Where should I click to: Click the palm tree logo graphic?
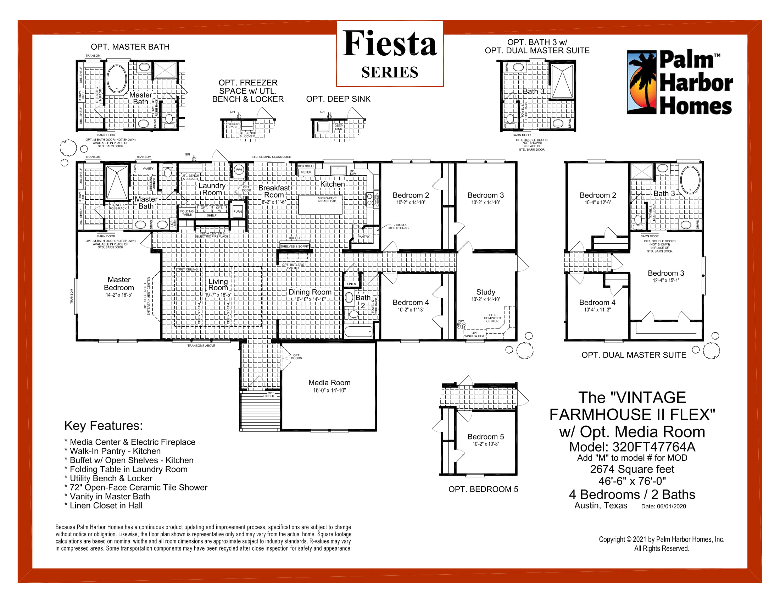coord(642,83)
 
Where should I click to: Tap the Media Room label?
coord(329,383)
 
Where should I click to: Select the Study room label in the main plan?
coord(485,292)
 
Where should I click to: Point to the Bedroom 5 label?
coord(485,437)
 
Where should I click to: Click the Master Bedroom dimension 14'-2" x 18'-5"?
coord(119,295)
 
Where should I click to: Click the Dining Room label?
coord(310,292)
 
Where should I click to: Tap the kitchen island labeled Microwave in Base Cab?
coord(320,204)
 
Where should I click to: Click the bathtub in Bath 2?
coord(358,332)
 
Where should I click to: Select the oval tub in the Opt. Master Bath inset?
coord(117,79)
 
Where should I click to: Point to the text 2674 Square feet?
coord(632,469)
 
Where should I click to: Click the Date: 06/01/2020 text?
coord(663,506)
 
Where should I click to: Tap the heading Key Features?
coord(103,425)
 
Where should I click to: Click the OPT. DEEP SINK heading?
coord(338,99)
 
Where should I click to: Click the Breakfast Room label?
coord(274,191)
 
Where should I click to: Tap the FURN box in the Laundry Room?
coord(238,211)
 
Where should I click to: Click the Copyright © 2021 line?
coord(661,540)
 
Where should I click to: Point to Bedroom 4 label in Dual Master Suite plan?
coord(597,302)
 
